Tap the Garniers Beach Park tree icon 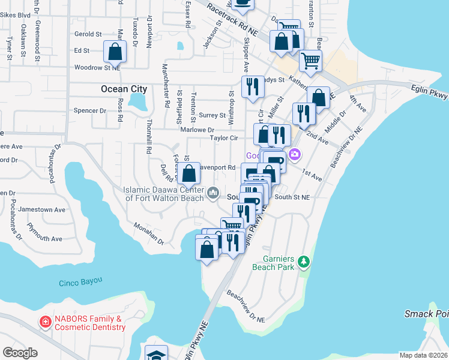304,262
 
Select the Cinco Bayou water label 80,281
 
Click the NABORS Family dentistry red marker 45,322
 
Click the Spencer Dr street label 89,110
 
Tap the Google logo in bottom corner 20,353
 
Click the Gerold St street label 88,34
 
